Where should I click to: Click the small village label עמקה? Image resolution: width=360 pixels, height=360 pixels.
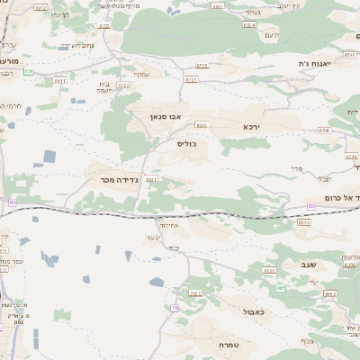click(x=141, y=74)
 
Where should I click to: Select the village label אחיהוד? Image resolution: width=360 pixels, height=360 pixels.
click(x=167, y=223)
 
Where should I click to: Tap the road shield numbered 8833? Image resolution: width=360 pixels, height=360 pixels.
click(x=201, y=125)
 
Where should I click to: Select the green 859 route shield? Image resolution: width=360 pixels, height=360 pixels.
click(x=29, y=70)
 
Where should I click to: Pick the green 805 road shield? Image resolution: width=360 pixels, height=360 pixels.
click(x=281, y=288)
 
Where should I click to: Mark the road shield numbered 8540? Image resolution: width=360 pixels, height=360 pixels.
click(x=324, y=130)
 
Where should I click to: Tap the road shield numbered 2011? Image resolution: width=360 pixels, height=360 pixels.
click(x=195, y=293)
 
